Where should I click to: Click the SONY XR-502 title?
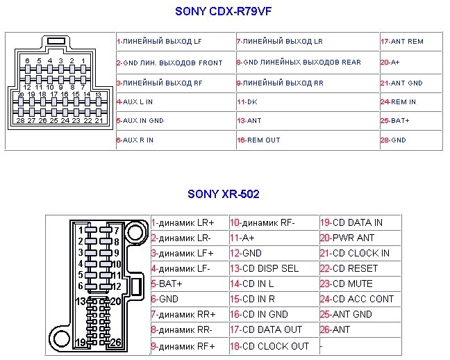coord(223,194)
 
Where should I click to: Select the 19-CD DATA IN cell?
coord(351,223)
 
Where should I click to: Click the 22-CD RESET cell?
coord(349,268)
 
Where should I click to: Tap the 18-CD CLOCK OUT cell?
coord(269,346)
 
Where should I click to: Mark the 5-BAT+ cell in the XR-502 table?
coord(167,284)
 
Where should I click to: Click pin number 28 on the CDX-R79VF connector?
coord(20,121)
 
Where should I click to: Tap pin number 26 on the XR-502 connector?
coord(115,343)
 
